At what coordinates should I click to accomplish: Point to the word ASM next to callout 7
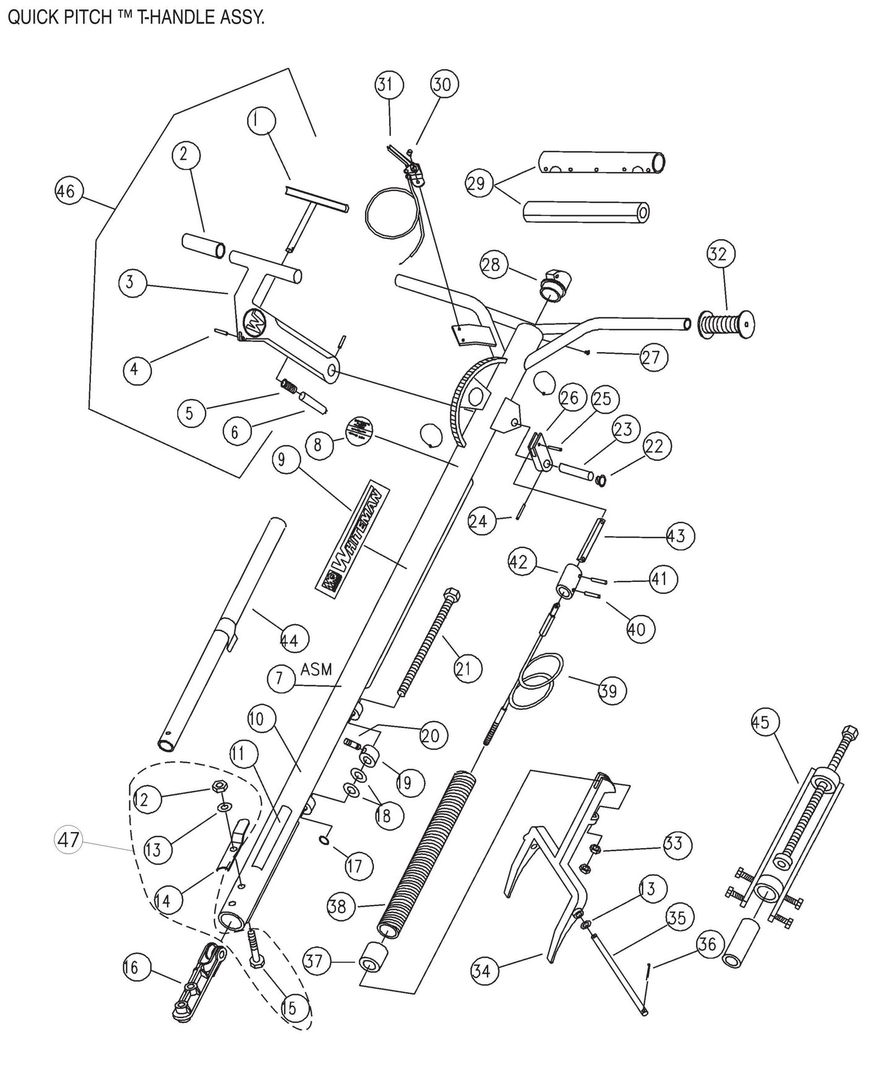317,669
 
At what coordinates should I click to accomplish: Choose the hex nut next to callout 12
218,787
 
